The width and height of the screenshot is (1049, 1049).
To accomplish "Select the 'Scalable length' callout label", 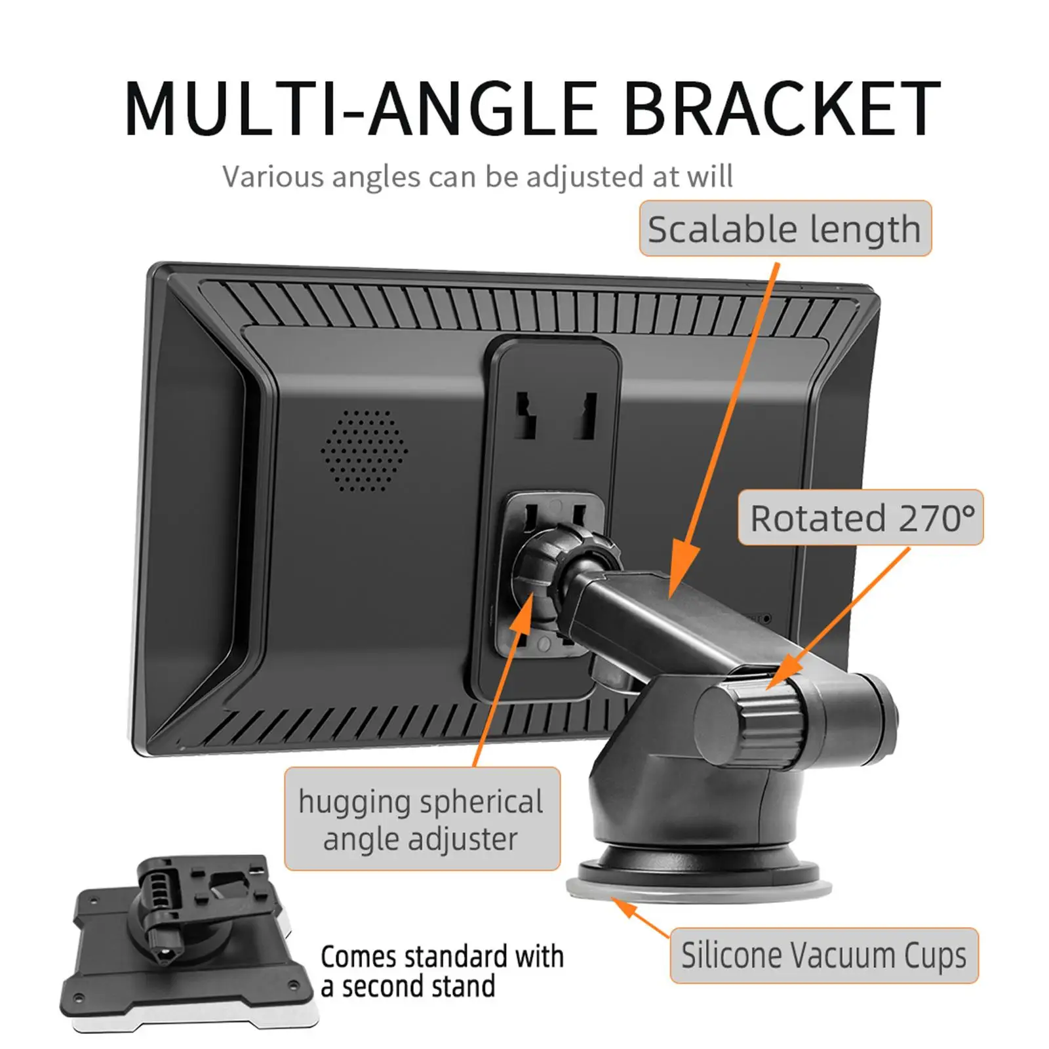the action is (x=785, y=229).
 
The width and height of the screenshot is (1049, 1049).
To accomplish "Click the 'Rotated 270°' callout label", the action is (x=861, y=518).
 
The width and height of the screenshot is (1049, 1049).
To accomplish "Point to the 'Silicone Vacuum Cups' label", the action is (x=823, y=955).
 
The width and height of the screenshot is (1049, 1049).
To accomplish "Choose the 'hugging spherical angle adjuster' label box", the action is (x=422, y=820).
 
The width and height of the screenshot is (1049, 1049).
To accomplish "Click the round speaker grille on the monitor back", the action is (x=364, y=451).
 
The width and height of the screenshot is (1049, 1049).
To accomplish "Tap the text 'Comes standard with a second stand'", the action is (x=441, y=971).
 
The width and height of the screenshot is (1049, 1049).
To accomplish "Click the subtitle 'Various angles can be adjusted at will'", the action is (x=477, y=177).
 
